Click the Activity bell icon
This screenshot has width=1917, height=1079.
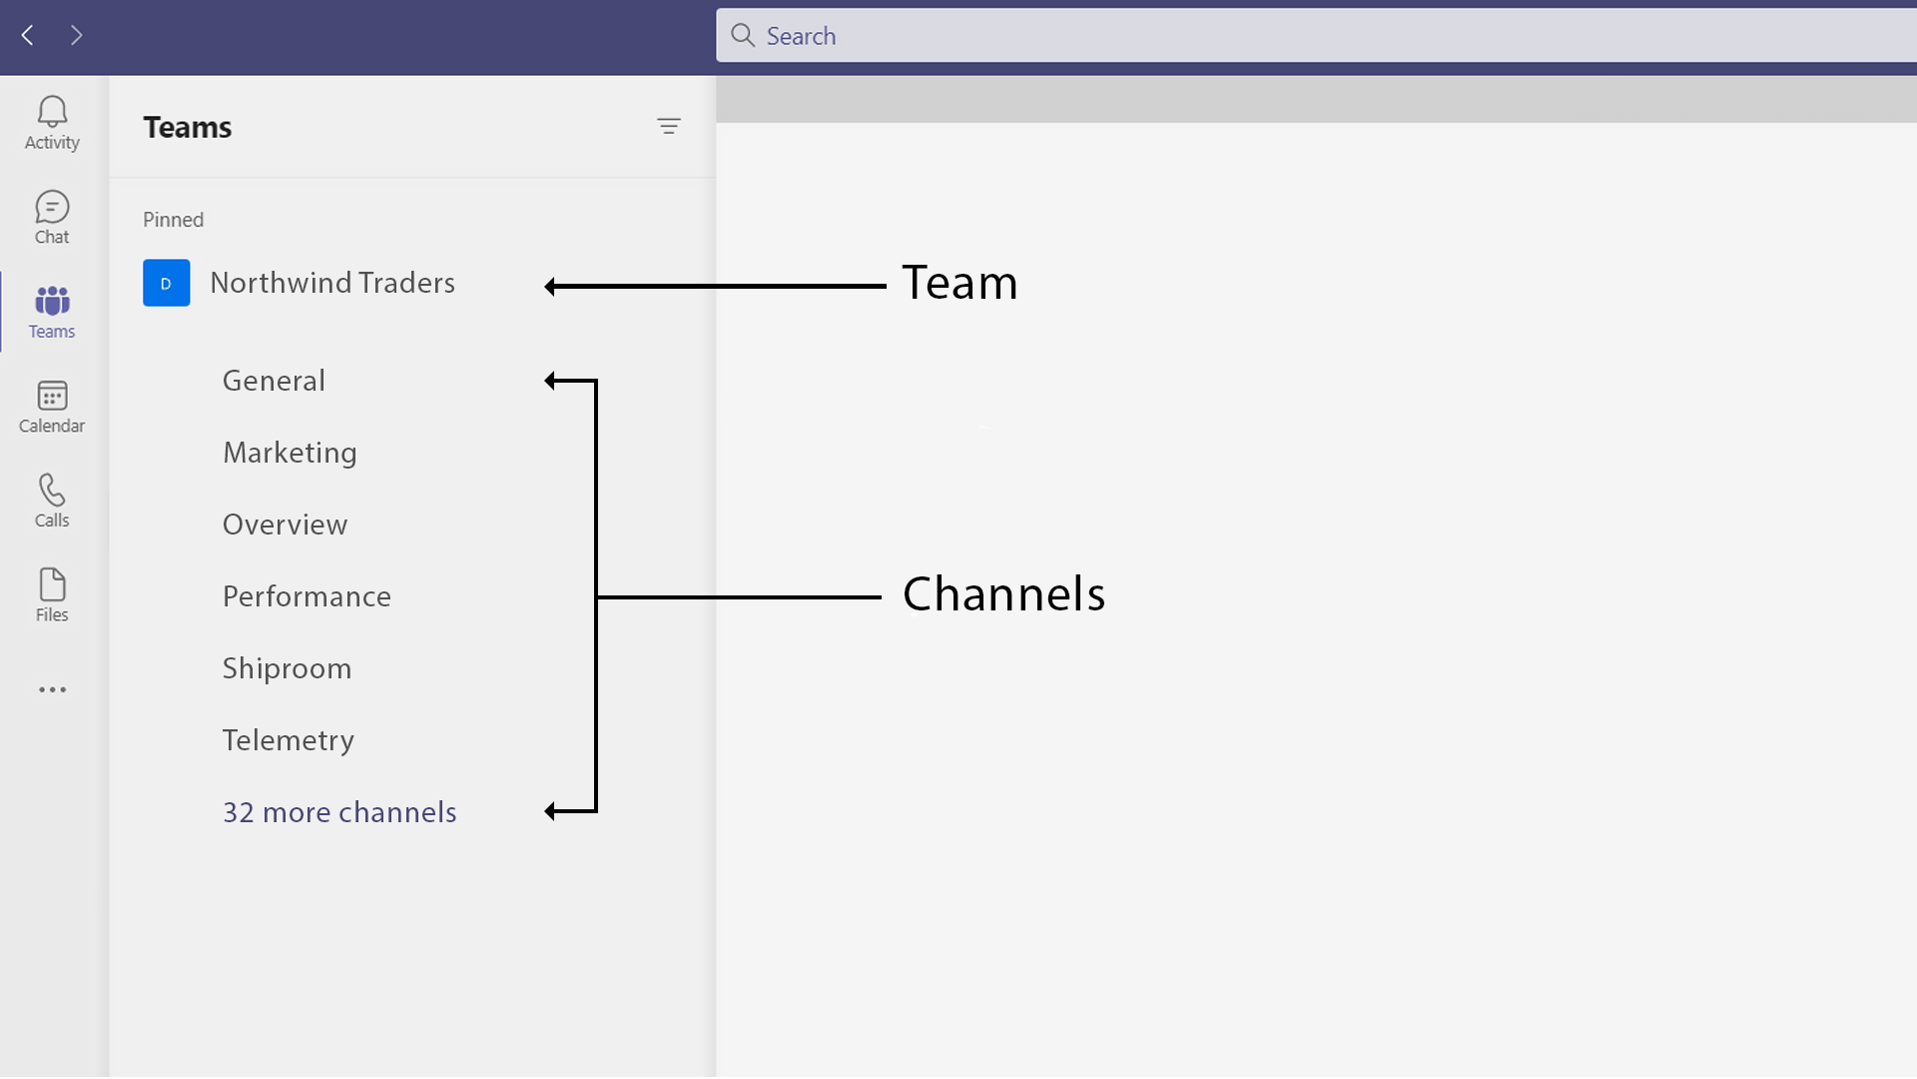point(52,112)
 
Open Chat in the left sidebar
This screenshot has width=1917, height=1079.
point(52,207)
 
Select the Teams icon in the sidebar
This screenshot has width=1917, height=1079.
point(52,301)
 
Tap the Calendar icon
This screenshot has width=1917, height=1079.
point(52,396)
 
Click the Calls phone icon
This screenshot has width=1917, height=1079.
point(52,490)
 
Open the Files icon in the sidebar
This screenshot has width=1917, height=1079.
point(52,584)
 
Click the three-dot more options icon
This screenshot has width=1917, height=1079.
point(52,689)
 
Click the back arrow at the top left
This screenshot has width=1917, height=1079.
point(28,36)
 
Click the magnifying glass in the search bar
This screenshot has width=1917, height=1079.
point(742,36)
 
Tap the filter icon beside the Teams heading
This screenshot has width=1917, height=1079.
point(668,126)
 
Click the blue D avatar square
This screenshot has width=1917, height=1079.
point(166,283)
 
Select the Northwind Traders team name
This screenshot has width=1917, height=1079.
point(332,283)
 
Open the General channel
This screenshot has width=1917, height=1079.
point(274,381)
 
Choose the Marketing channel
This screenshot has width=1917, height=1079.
point(290,453)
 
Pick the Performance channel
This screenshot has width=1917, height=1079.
point(307,596)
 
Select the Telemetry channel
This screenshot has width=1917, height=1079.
point(288,740)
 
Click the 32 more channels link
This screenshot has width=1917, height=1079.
point(339,812)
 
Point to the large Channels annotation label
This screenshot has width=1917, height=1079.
point(1003,594)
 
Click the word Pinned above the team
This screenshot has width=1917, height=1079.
point(173,220)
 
